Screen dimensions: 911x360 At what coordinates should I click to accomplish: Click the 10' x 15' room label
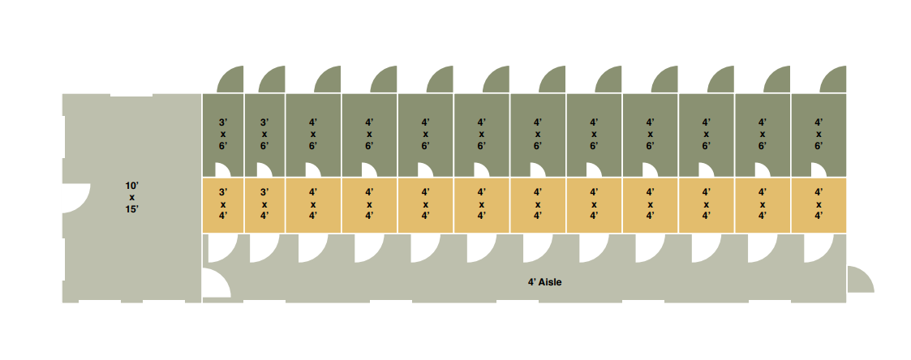pyautogui.click(x=132, y=197)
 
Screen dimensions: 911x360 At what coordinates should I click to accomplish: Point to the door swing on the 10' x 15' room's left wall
pyautogui.click(x=76, y=198)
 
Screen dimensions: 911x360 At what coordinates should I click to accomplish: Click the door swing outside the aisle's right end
pyautogui.click(x=861, y=279)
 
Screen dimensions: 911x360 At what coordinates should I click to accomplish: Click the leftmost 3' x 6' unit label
pyautogui.click(x=223, y=134)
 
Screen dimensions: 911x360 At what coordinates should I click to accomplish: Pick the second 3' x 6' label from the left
pyautogui.click(x=264, y=134)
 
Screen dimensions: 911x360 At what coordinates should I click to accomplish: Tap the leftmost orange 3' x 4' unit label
pyautogui.click(x=223, y=204)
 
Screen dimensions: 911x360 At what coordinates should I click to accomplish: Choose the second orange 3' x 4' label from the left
pyautogui.click(x=264, y=204)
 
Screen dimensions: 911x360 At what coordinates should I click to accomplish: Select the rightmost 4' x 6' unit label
pyautogui.click(x=819, y=134)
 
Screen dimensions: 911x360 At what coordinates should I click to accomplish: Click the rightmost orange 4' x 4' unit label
pyautogui.click(x=819, y=204)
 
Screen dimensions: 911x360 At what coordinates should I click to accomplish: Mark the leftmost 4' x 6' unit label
pyautogui.click(x=313, y=134)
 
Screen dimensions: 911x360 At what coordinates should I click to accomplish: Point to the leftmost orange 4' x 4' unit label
pyautogui.click(x=313, y=204)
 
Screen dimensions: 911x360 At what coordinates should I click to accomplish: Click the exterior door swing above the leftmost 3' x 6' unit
pyautogui.click(x=231, y=79)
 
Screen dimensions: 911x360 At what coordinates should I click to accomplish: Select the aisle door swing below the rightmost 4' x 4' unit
pyautogui.click(x=818, y=248)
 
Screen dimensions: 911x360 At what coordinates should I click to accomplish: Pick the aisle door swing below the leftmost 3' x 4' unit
pyautogui.click(x=222, y=248)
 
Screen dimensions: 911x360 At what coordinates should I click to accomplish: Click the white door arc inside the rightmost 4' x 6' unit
pyautogui.click(x=819, y=169)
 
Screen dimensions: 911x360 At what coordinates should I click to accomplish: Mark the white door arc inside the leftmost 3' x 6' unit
pyautogui.click(x=223, y=169)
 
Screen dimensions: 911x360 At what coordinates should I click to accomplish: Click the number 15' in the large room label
pyautogui.click(x=132, y=210)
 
